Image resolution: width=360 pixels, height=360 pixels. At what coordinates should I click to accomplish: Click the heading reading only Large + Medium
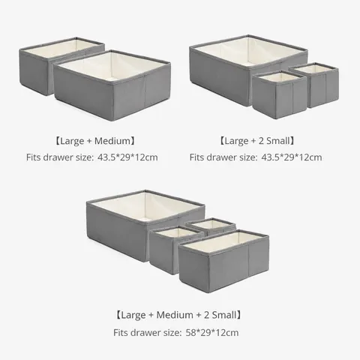coord(95,141)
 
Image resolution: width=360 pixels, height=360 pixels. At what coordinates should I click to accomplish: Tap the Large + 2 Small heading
coord(257,141)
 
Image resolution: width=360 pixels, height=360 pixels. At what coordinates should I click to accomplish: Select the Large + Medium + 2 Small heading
coord(178,315)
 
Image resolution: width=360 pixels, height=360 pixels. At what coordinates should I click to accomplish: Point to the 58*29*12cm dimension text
coord(212,333)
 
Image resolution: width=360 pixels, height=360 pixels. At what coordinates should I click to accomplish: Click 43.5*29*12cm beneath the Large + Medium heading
coord(127,157)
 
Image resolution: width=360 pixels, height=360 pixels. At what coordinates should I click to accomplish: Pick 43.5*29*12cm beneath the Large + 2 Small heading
coord(292,157)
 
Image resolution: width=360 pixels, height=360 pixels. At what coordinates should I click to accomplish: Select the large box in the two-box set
coord(112,85)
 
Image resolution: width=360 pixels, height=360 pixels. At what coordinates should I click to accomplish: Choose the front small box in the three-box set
coord(280,95)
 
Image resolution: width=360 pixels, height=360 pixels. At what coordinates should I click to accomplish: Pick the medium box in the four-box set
coord(224,261)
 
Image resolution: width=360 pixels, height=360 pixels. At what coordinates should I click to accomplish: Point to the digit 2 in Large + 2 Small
coord(261,141)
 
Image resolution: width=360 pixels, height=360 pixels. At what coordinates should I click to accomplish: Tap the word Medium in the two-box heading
coord(112,141)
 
